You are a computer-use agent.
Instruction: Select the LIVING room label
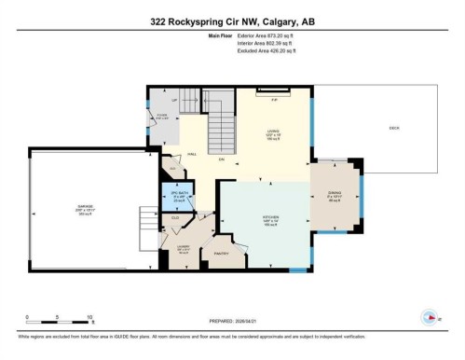point(271,133)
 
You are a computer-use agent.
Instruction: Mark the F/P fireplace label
point(273,98)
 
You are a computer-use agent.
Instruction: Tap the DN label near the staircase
point(221,160)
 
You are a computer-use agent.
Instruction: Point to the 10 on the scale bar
point(89,316)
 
